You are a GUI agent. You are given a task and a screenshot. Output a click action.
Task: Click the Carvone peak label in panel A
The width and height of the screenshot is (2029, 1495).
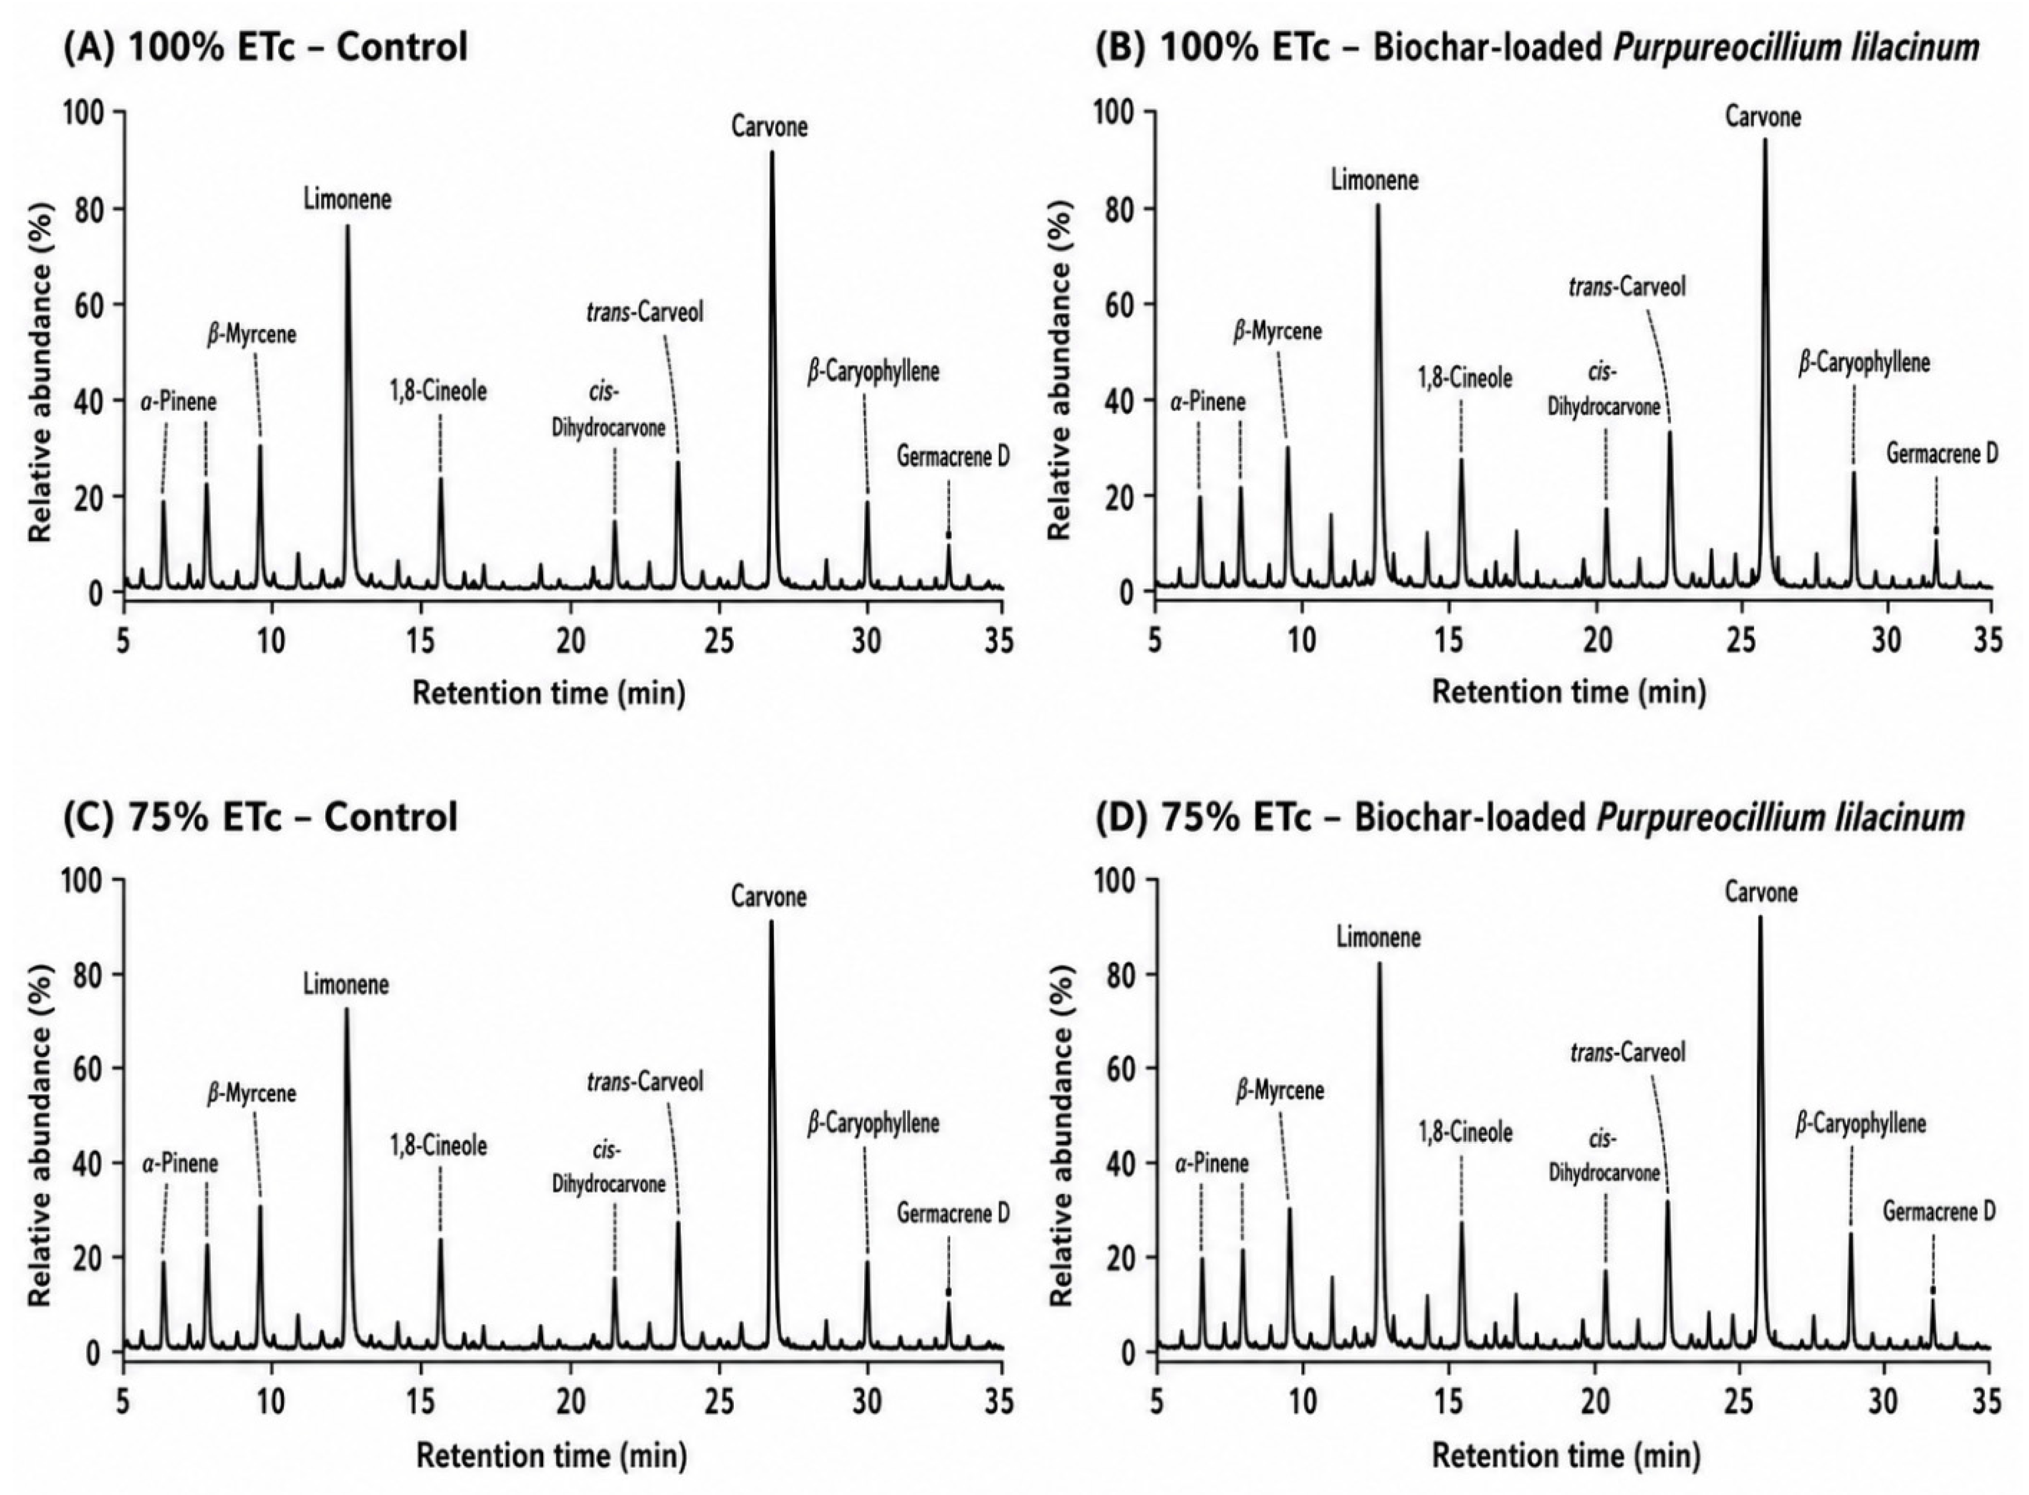769,127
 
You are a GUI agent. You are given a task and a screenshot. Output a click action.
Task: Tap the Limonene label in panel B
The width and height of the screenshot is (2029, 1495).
1375,180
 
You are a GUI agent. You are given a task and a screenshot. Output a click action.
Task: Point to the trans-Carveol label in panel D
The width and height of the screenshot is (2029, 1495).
1628,1052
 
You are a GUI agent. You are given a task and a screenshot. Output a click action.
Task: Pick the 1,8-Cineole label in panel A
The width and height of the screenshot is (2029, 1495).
438,391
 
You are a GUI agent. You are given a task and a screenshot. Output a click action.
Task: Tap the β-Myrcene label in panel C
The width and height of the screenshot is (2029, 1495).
252,1094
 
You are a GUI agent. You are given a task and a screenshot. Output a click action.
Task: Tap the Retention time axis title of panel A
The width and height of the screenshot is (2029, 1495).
549,693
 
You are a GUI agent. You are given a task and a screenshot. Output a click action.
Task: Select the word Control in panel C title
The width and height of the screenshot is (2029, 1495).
392,816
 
